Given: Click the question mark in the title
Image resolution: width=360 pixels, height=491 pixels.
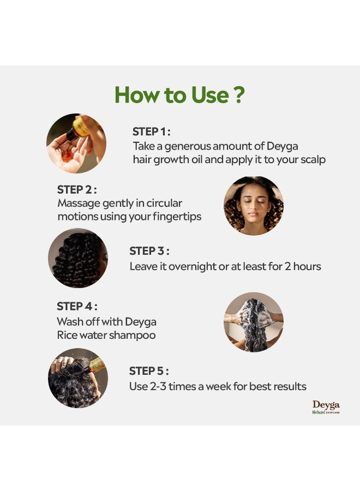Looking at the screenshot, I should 238,95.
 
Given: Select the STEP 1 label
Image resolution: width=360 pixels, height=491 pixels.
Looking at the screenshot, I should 151,131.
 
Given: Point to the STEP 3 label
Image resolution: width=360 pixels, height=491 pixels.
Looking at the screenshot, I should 149,251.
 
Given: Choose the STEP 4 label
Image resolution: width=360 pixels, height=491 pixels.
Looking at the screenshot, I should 77,306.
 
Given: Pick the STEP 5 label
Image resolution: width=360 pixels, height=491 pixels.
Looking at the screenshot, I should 148,371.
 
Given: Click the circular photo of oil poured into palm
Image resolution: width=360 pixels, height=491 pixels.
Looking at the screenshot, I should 76,143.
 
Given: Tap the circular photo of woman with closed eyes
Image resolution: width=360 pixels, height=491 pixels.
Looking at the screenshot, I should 254,206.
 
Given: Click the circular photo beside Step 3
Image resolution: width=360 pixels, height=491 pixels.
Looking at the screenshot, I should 78,258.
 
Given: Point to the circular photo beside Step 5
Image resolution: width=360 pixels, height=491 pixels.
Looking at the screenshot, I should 78,378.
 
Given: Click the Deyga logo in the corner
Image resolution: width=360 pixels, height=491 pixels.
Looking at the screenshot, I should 326,407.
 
